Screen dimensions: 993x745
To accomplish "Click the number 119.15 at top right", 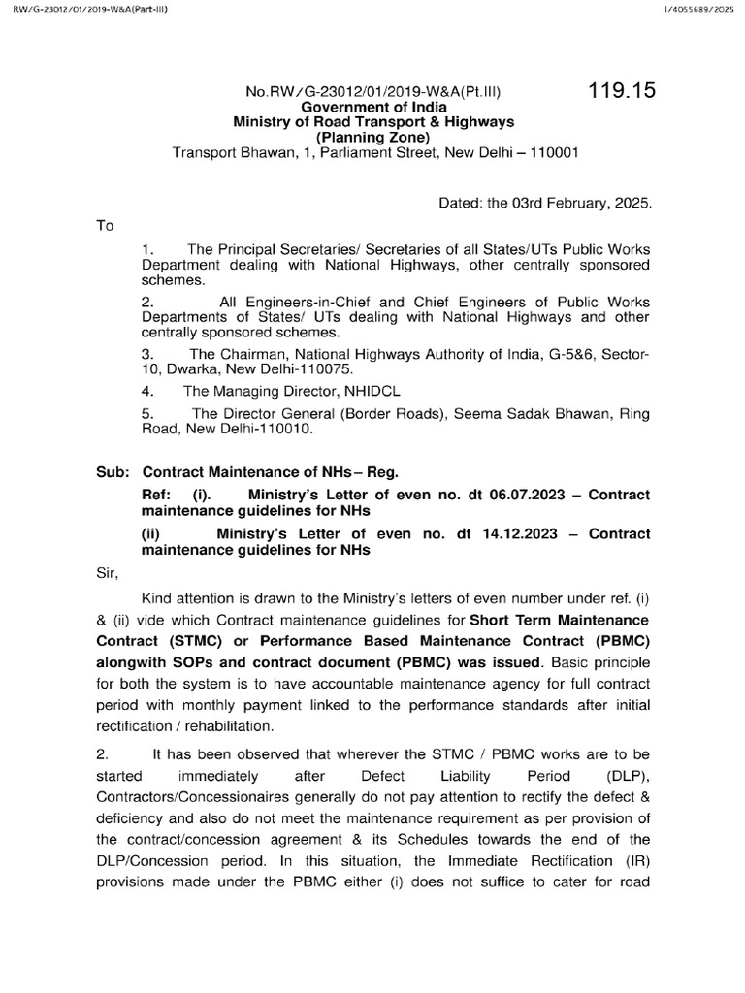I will pyautogui.click(x=622, y=92).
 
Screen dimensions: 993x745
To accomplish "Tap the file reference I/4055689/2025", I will pyautogui.click(x=701, y=10).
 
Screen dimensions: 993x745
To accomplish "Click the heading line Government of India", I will pyautogui.click(x=373, y=108).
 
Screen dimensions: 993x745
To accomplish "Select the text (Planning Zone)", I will pyautogui.click(x=373, y=137).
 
